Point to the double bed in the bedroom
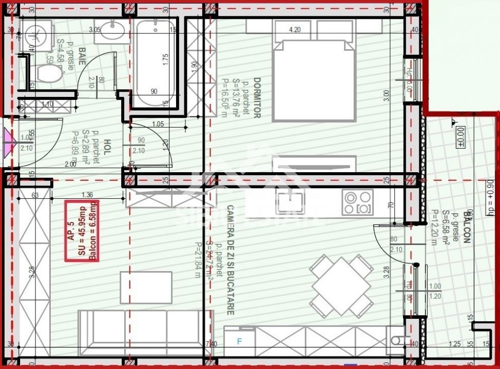tap(314, 77)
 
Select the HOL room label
tap(107, 148)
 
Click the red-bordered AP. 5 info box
tap(82, 230)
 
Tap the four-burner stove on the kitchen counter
tap(358, 203)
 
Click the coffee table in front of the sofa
tap(146, 287)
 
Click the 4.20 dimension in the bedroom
tap(295, 30)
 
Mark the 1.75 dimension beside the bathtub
tap(165, 59)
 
